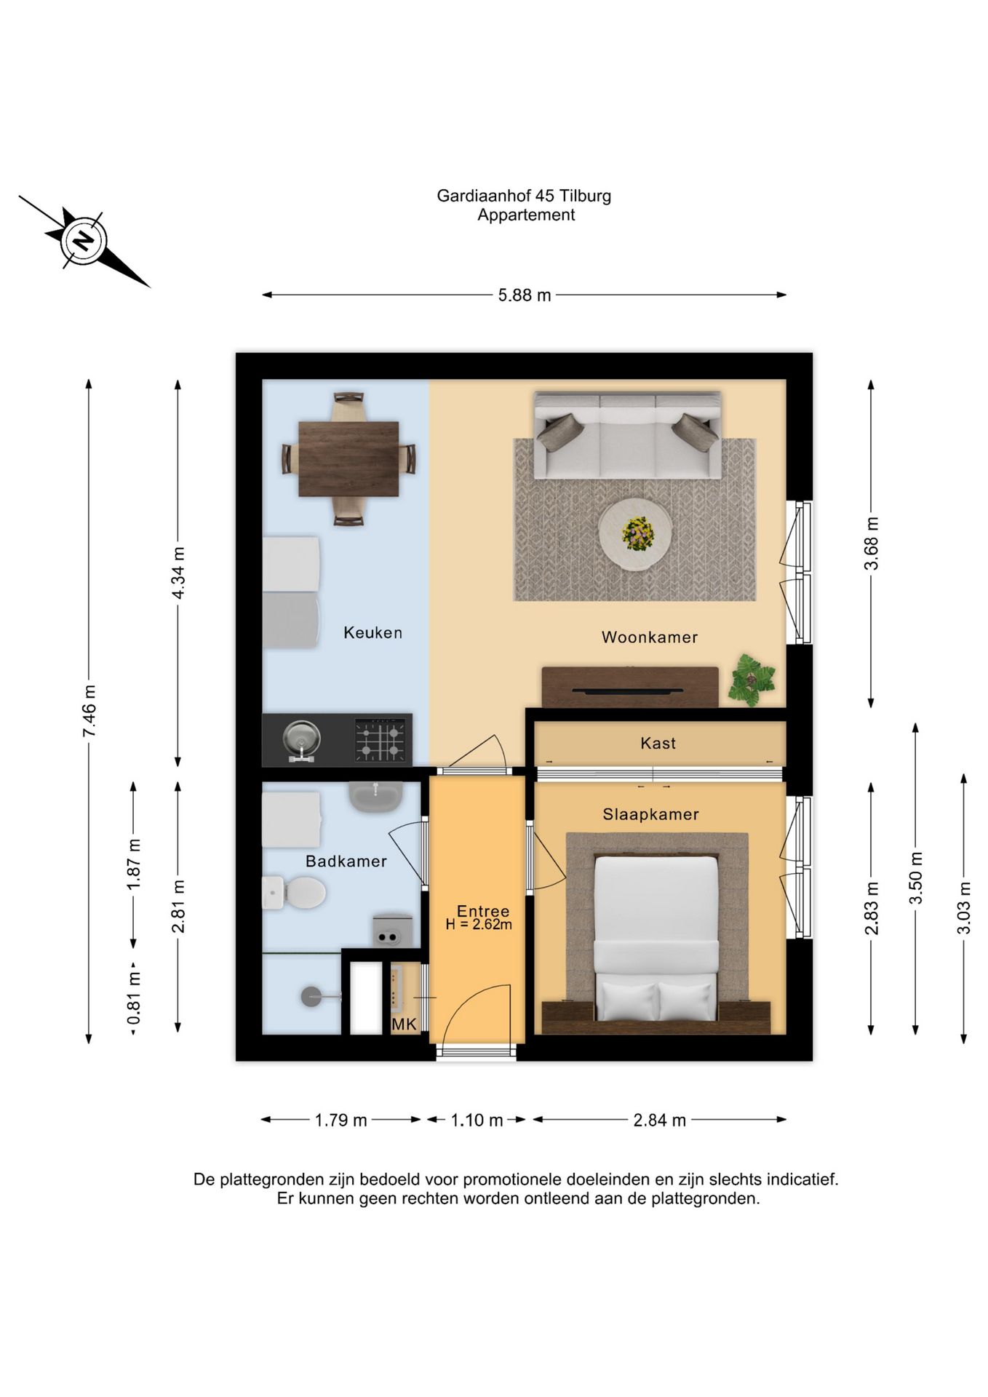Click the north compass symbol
click(84, 241)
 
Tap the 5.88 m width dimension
click(524, 295)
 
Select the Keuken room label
click(373, 633)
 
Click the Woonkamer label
click(650, 637)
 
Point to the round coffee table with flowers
click(635, 535)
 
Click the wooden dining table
click(348, 459)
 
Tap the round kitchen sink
click(301, 739)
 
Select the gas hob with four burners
click(380, 740)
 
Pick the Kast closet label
click(658, 744)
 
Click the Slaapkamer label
click(650, 815)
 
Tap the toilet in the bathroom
click(294, 892)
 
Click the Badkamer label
click(346, 861)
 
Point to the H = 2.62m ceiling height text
click(479, 925)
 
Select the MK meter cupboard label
click(404, 1024)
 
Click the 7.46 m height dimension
click(89, 711)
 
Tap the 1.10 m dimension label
click(477, 1121)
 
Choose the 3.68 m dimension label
click(872, 544)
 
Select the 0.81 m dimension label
click(134, 998)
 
